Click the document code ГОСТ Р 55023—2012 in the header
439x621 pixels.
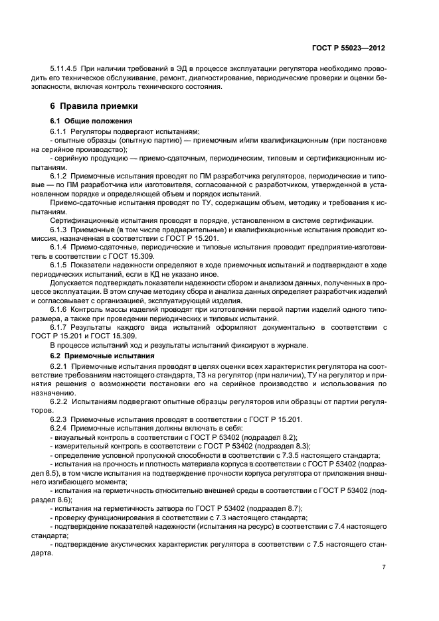point(349,48)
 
